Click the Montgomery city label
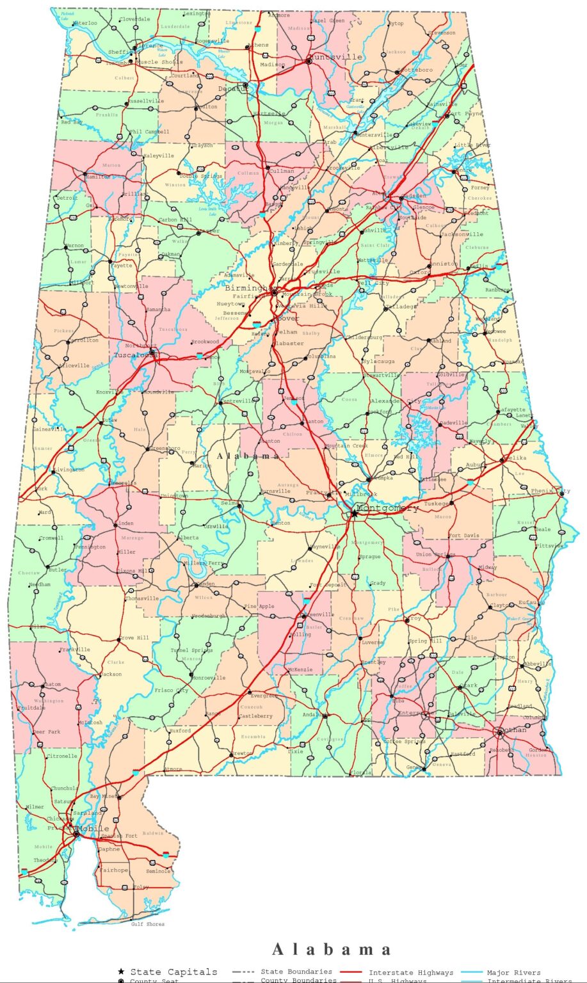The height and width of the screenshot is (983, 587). pos(387,508)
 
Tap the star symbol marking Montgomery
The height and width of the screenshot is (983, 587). pos(353,513)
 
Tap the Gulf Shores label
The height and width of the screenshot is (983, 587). pos(148,924)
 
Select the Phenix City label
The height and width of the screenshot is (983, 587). pos(551,491)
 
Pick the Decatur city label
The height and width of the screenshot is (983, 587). pos(232,88)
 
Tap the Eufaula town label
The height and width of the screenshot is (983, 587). pos(532,602)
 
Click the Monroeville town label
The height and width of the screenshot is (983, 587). pos(209,678)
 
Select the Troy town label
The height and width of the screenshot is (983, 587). pos(415,619)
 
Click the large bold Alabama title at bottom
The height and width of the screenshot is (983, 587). pos(332,949)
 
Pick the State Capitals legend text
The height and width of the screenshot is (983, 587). pos(173,972)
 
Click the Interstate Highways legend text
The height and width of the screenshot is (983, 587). pos(411,973)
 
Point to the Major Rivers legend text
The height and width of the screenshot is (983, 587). pos(513,973)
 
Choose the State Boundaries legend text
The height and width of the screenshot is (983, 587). pos(296,972)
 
